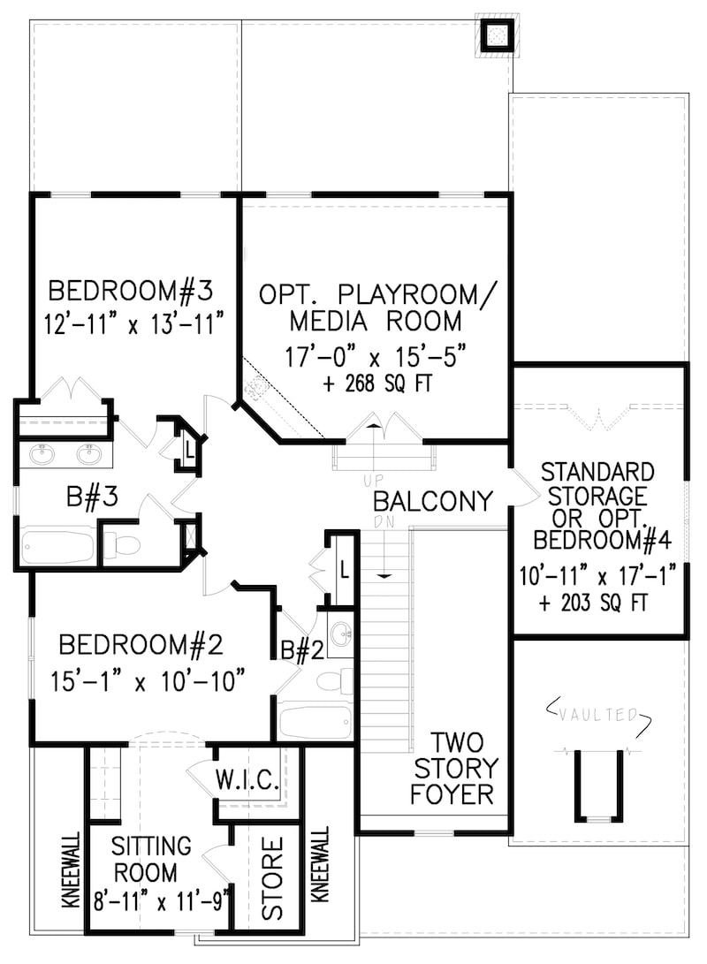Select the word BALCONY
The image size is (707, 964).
pyautogui.click(x=432, y=502)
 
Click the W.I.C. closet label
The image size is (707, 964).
pyautogui.click(x=247, y=780)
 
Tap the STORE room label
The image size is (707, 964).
pyautogui.click(x=272, y=877)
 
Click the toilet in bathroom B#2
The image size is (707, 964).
pyautogui.click(x=333, y=681)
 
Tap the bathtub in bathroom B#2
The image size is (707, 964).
pyautogui.click(x=315, y=722)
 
